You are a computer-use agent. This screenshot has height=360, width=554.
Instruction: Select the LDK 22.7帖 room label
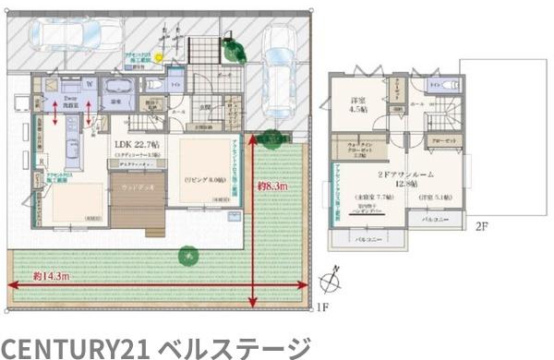(137, 145)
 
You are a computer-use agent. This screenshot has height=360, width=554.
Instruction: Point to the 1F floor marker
(321, 306)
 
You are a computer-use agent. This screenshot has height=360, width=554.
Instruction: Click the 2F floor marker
(484, 225)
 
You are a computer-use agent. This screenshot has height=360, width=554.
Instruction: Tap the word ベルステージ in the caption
(235, 347)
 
